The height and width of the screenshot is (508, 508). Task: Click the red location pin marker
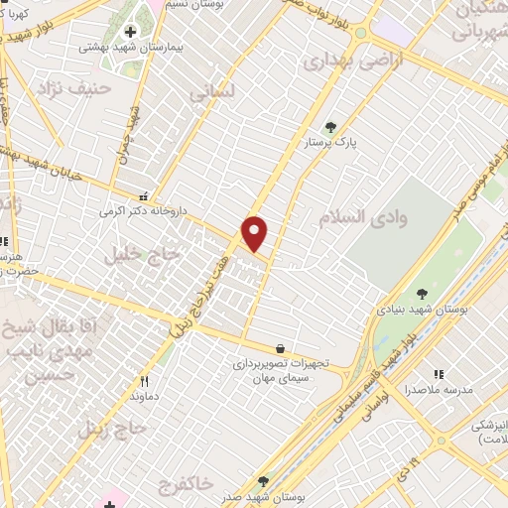(255, 233)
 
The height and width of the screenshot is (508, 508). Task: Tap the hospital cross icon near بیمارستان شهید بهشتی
(130, 31)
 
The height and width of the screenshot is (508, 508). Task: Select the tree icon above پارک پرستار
(330, 127)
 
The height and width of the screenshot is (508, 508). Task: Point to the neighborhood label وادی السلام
(358, 215)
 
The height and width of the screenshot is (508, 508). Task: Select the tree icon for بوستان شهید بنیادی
(422, 294)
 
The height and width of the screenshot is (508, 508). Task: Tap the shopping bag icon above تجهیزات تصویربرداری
(281, 348)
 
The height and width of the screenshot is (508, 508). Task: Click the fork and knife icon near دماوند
(144, 381)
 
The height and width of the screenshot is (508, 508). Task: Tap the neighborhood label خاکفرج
(185, 483)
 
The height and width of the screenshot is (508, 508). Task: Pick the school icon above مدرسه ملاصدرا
(438, 374)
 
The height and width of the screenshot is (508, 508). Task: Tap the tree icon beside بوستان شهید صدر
(263, 480)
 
